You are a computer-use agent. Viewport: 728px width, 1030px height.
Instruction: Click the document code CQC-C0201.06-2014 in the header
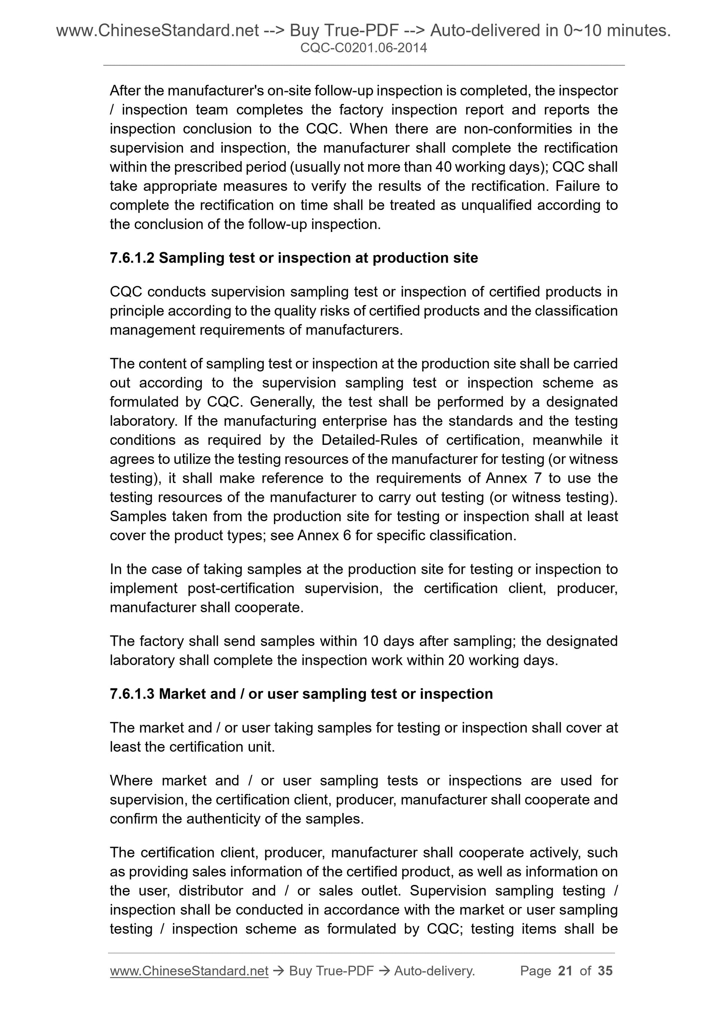363,48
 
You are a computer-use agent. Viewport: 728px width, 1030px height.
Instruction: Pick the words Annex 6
324,536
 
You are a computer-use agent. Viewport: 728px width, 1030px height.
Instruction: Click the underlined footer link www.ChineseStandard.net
189,971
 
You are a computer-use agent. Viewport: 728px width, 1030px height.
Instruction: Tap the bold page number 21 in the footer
565,971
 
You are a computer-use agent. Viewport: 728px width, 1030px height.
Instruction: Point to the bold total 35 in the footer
605,971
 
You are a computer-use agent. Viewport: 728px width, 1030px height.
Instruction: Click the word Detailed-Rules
369,440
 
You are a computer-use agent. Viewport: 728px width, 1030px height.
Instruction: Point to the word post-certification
241,588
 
